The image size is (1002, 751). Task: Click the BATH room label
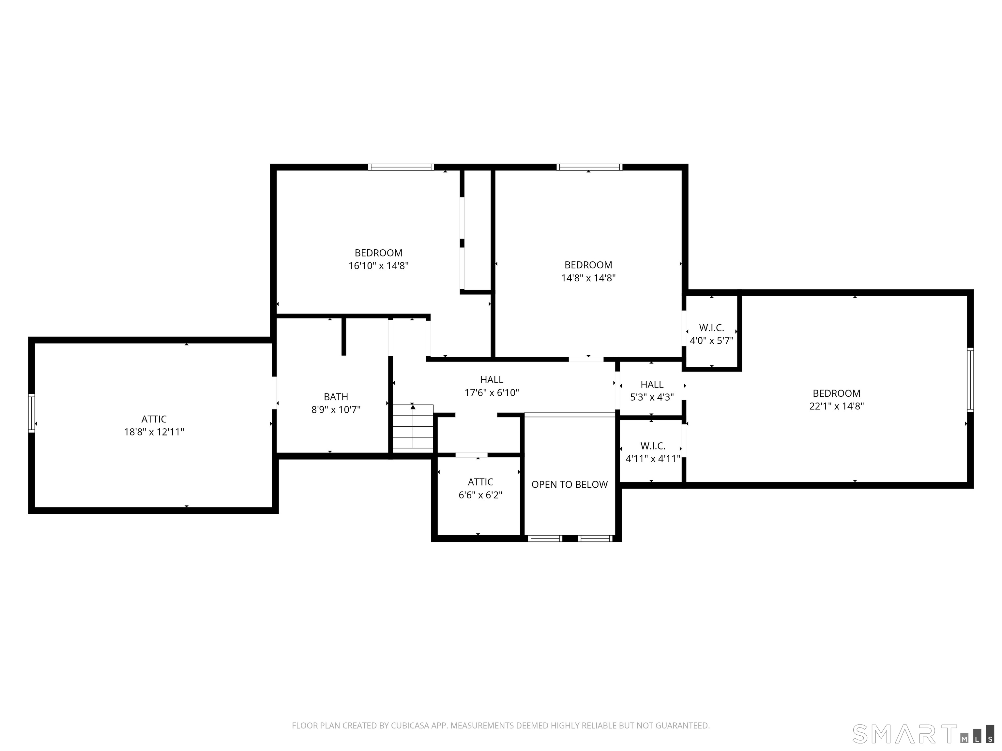[x=336, y=397]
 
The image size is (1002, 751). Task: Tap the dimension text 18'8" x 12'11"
[x=154, y=432]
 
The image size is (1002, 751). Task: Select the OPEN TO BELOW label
[x=569, y=484]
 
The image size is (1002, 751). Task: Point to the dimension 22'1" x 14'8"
[x=836, y=406]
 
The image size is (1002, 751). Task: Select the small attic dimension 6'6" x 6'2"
[x=480, y=495]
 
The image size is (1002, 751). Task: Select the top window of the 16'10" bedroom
[x=401, y=167]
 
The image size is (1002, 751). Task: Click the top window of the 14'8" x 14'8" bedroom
[x=589, y=167]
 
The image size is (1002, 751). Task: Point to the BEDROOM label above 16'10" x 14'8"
[x=378, y=253]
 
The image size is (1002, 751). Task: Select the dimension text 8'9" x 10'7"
[x=336, y=410]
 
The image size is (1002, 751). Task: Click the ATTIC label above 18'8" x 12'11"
[x=154, y=419]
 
